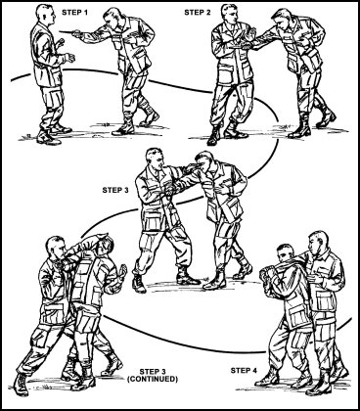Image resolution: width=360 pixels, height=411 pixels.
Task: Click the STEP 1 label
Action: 74,13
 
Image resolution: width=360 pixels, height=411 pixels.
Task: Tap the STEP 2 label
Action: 198,13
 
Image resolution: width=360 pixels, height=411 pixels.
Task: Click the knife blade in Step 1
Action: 67,31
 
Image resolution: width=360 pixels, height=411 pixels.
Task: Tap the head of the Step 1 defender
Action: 44,14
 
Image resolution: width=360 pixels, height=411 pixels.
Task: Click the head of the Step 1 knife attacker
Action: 112,20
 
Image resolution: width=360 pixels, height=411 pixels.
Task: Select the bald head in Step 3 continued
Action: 55,248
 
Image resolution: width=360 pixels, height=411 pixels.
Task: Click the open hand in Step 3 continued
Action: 122,272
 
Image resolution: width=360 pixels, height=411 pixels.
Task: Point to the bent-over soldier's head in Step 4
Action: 285,253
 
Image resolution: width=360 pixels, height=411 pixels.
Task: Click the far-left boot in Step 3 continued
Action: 22,385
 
